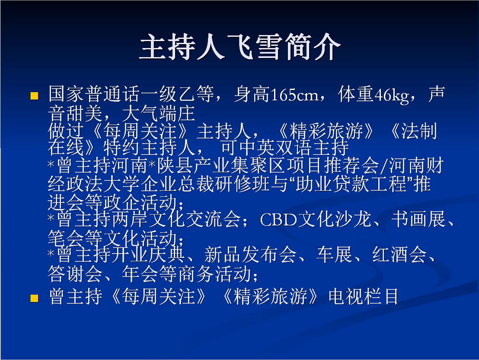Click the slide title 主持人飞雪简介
[240, 46]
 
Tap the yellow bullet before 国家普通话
[34, 96]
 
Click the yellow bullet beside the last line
[34, 298]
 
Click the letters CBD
[278, 220]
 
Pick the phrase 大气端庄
[158, 113]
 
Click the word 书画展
[419, 219]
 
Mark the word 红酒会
[399, 254]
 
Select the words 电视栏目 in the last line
[364, 296]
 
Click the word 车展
[335, 254]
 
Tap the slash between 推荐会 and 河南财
[384, 166]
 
